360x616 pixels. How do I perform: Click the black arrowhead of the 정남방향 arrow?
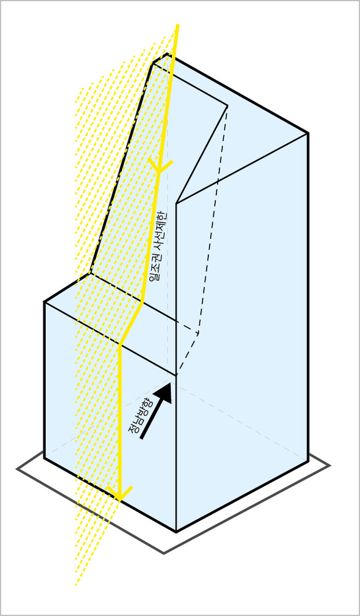(164, 392)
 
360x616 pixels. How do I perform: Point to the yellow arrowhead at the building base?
(119, 493)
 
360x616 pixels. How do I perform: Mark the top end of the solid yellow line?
(178, 25)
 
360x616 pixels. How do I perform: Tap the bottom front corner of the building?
(176, 532)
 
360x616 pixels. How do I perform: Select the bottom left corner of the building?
(44, 458)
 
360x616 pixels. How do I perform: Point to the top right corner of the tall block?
(308, 134)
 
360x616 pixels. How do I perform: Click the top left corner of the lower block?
(44, 302)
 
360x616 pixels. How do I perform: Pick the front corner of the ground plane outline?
(164, 553)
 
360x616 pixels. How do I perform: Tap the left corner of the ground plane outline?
(17, 469)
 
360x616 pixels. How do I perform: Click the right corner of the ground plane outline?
(330, 466)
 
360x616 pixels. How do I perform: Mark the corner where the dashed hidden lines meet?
(199, 334)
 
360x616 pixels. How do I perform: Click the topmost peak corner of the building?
(168, 54)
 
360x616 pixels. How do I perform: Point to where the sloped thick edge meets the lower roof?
(91, 274)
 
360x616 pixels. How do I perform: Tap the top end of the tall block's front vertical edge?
(176, 203)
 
